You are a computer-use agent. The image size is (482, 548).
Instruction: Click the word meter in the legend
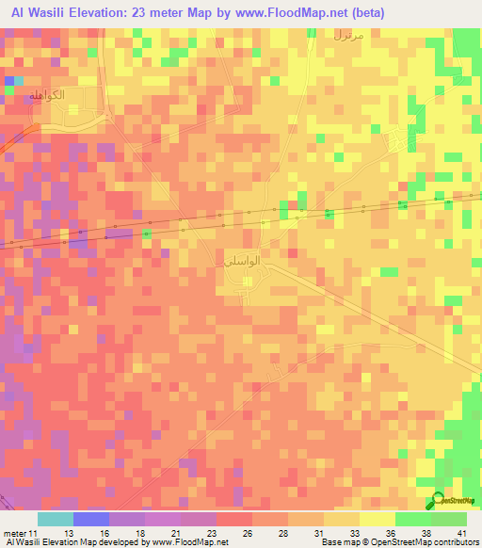(15, 532)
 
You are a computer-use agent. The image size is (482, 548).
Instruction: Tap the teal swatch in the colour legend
(55, 519)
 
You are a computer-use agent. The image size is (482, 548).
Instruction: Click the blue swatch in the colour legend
(90, 519)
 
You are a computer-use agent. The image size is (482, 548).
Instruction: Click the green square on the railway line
(148, 233)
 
